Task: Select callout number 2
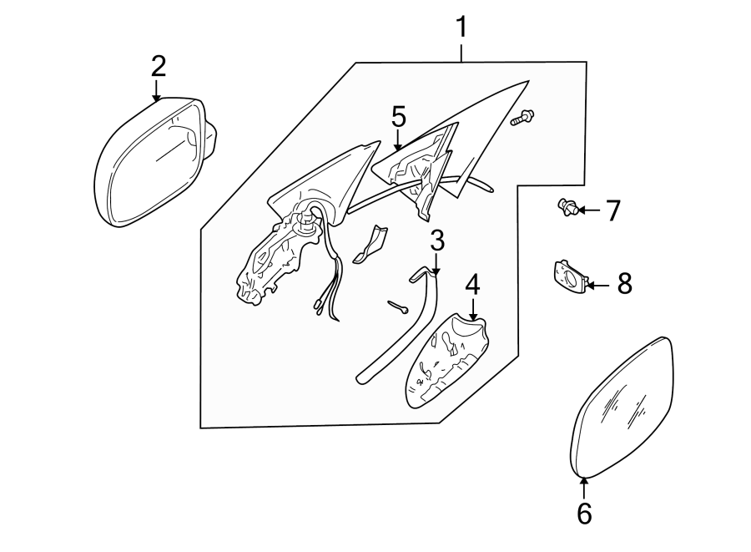pyautogui.click(x=159, y=66)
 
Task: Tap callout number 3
pyautogui.click(x=437, y=241)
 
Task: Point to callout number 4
pyautogui.click(x=472, y=285)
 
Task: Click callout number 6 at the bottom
pyautogui.click(x=584, y=514)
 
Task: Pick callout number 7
pyautogui.click(x=613, y=210)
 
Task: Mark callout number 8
pyautogui.click(x=623, y=284)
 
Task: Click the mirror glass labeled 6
pyautogui.click(x=622, y=409)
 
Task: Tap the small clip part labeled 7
pyautogui.click(x=567, y=208)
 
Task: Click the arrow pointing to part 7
pyautogui.click(x=588, y=210)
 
